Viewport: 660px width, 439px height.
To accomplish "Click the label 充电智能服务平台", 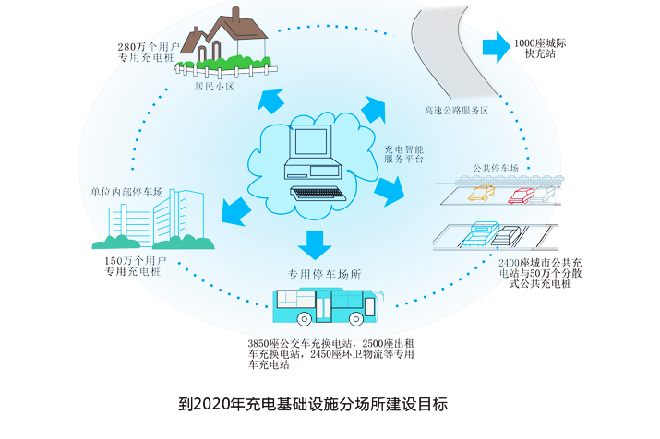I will (x=404, y=153).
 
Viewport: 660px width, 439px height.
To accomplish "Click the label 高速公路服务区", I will (x=456, y=111).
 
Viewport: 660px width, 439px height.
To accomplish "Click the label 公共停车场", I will (x=499, y=168).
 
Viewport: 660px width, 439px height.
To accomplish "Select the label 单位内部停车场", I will (x=126, y=192).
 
